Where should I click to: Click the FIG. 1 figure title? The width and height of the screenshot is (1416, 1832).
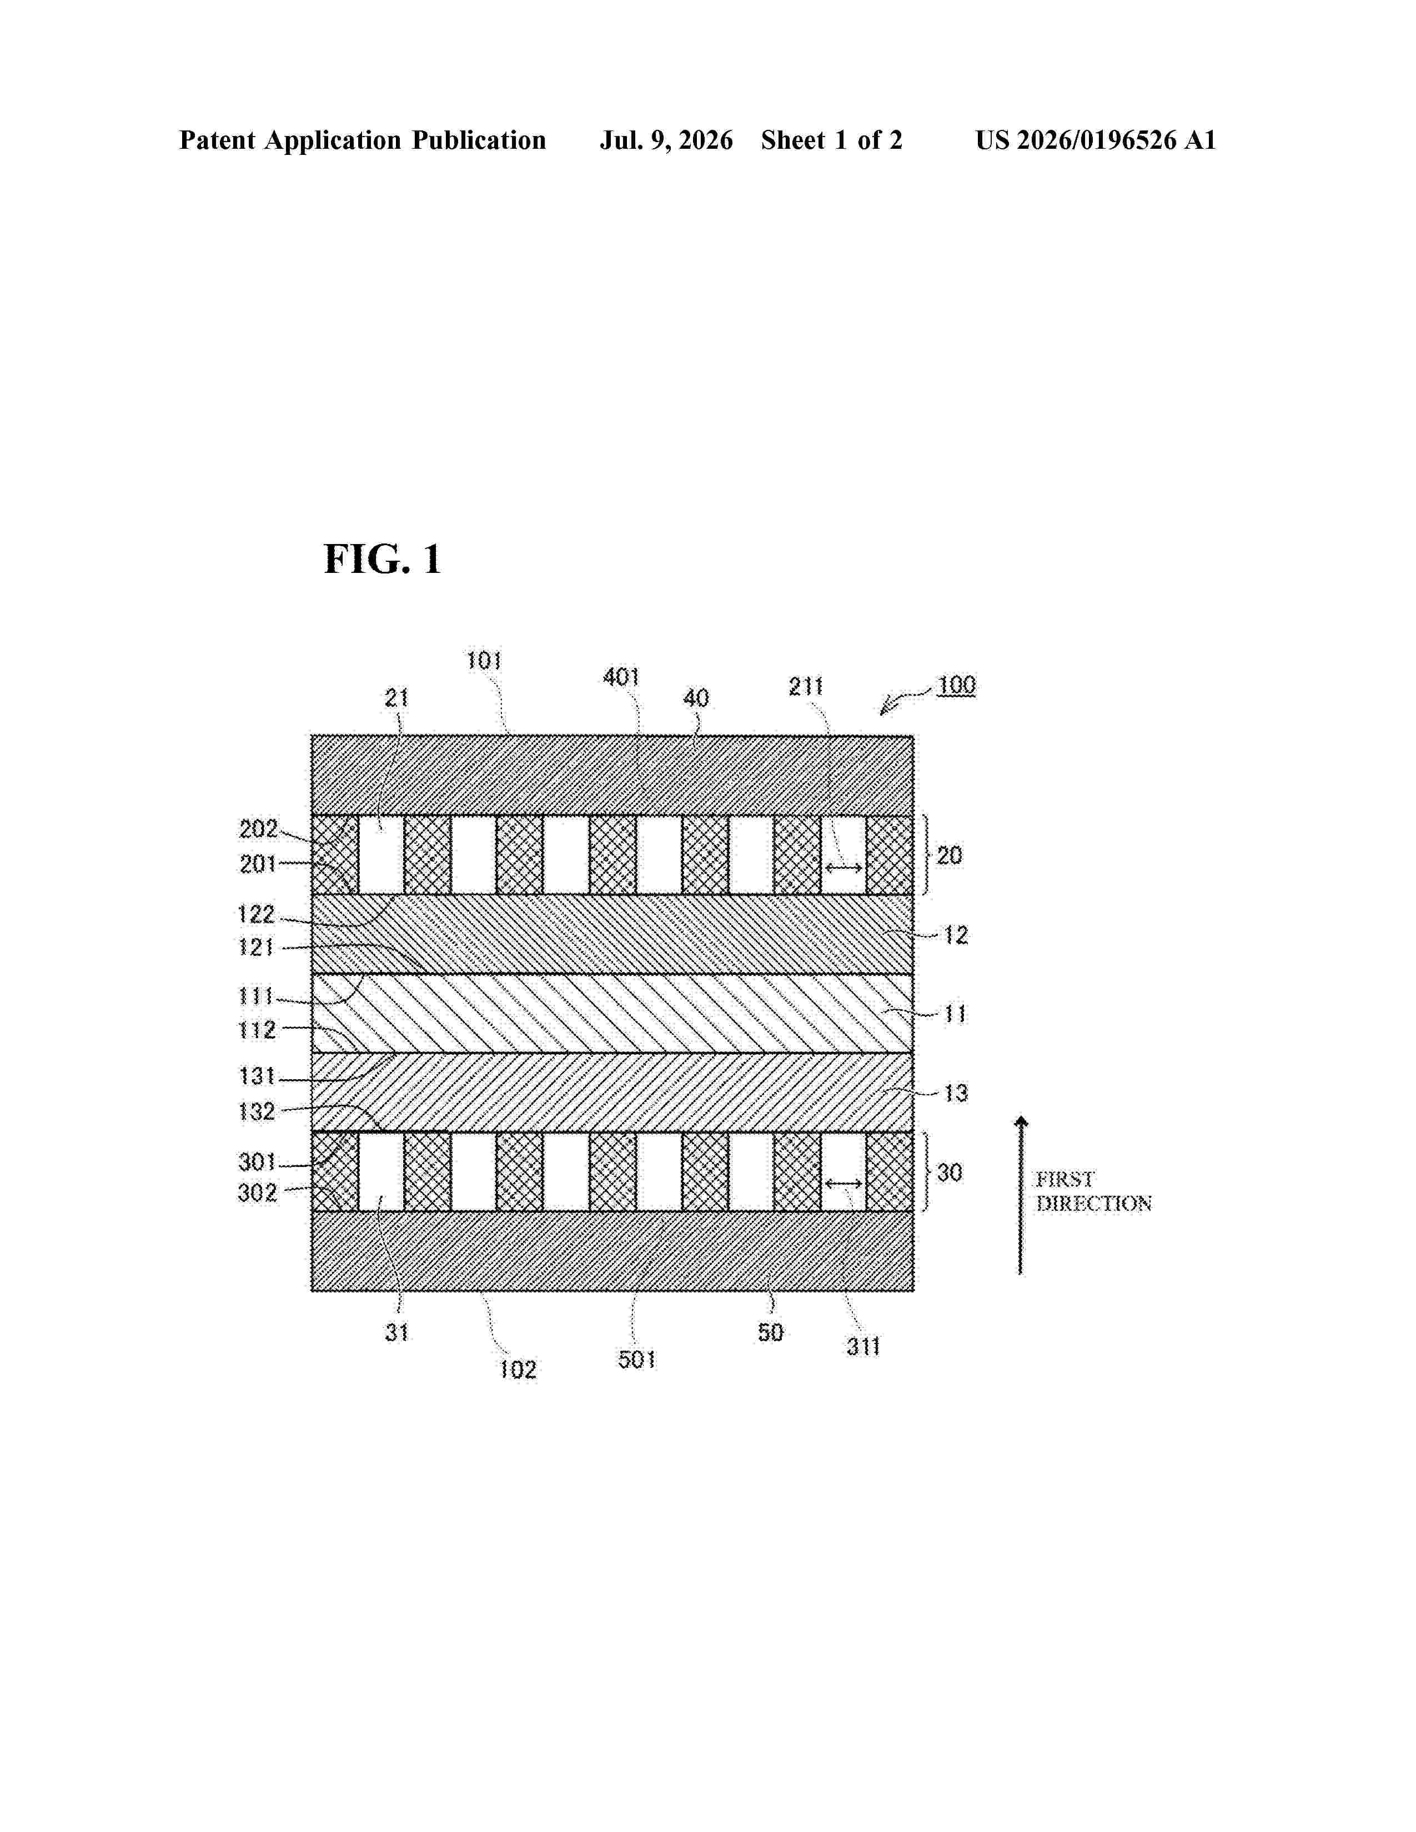[383, 558]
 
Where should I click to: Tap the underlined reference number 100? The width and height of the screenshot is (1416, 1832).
[956, 685]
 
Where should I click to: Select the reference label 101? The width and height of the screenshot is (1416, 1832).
[484, 661]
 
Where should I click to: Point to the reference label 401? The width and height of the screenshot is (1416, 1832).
[621, 677]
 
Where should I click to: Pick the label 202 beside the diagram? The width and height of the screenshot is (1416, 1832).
[258, 829]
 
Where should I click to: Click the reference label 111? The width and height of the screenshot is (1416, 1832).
[257, 996]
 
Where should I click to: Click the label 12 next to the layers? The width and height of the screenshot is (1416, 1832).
[956, 935]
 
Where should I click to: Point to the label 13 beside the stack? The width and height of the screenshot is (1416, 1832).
[956, 1093]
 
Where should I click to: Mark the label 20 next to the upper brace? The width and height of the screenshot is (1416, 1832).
[950, 855]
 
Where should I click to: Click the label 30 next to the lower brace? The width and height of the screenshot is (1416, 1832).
[950, 1172]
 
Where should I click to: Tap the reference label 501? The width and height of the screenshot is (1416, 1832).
[637, 1360]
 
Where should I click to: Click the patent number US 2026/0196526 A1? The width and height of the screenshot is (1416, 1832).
[1096, 140]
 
